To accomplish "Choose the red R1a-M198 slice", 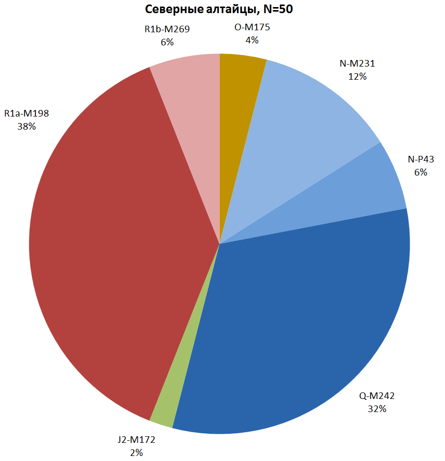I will coord(111,242).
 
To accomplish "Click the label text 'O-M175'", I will coord(252,27).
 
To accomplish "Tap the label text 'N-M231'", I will coord(357,64).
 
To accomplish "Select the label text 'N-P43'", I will coord(421,159).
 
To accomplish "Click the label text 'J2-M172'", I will coord(136,440).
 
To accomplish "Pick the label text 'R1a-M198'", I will coord(26,113).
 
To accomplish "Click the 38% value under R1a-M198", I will coord(26,127).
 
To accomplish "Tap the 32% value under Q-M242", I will coord(377,409).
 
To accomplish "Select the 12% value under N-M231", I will coord(357,77).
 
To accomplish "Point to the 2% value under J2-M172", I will coord(136,452).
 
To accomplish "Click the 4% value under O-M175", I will coord(252,40).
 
